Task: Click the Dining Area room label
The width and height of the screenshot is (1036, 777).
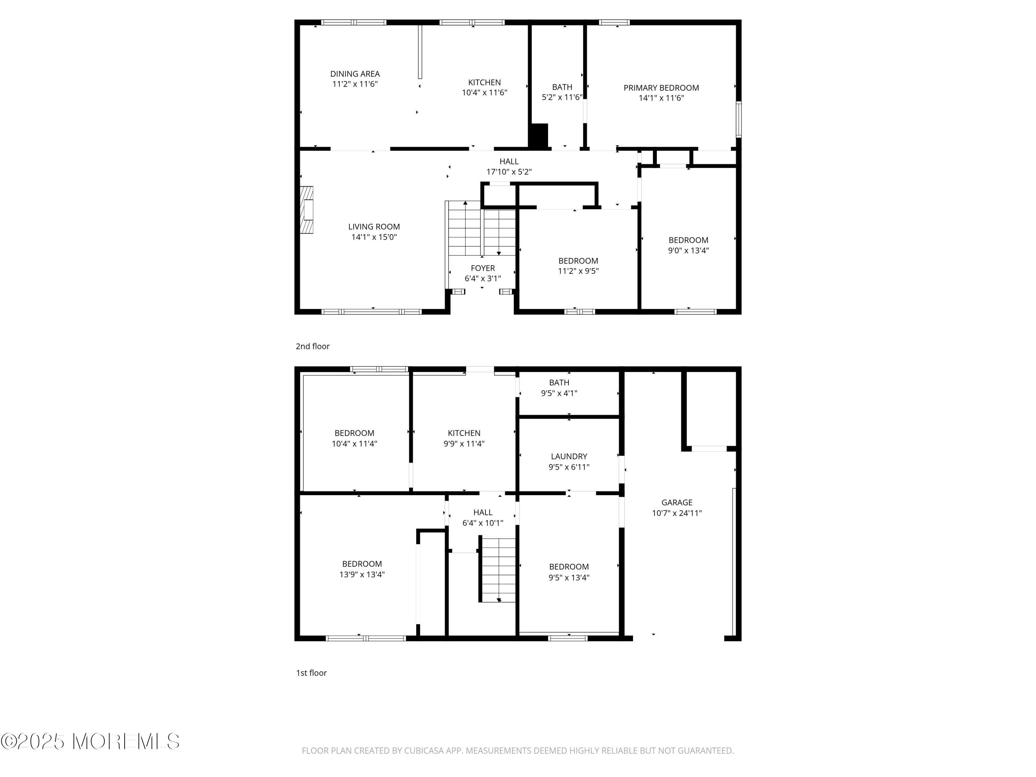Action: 355,74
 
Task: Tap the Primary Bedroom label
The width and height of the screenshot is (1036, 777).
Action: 661,88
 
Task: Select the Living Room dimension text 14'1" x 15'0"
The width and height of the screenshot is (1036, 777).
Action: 374,237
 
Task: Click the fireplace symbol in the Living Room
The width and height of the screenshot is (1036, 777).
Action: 306,210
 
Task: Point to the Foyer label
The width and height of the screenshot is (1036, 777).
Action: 483,268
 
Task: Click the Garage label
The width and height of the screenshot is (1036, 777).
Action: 677,502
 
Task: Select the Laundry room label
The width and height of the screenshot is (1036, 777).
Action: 569,457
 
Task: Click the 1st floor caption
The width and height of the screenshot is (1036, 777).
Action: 311,673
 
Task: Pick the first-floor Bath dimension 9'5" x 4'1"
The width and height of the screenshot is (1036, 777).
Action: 559,393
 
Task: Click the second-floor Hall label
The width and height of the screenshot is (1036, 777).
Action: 509,162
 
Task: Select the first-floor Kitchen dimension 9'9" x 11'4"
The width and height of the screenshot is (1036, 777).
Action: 464,443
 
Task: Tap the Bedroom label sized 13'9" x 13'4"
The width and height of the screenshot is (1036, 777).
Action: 362,564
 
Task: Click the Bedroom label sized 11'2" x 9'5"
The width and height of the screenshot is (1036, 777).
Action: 578,261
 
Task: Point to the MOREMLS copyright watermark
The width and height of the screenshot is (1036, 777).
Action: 90,741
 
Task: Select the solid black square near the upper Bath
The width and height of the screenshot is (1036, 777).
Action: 539,136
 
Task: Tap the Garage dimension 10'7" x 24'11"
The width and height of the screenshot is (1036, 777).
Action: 677,513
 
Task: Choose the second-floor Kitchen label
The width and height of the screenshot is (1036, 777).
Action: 484,83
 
